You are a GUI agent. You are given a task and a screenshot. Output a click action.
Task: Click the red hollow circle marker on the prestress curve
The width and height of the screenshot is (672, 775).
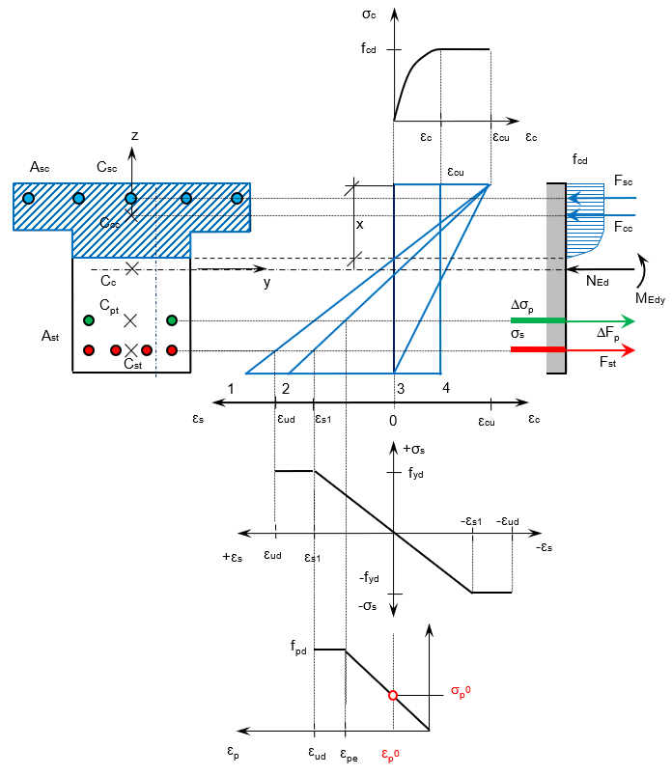point(393,696)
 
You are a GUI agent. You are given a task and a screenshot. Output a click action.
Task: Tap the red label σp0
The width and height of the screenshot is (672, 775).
point(461,692)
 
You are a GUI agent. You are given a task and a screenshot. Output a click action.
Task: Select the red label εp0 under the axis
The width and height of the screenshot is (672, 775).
point(390,755)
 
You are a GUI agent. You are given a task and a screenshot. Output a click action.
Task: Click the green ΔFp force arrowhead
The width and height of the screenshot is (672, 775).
point(628,320)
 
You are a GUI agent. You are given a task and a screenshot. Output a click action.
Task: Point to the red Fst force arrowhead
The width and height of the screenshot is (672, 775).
point(628,350)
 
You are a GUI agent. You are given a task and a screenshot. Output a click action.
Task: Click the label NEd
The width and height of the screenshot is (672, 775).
point(598,281)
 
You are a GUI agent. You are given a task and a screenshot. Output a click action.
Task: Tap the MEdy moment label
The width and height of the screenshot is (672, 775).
point(650,298)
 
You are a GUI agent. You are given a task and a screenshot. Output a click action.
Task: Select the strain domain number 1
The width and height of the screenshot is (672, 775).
point(231,389)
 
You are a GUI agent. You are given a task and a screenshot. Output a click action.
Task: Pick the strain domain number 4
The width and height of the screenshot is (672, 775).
point(446,388)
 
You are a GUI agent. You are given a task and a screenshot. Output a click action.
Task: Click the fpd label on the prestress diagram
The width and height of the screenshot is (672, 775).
point(298,647)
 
